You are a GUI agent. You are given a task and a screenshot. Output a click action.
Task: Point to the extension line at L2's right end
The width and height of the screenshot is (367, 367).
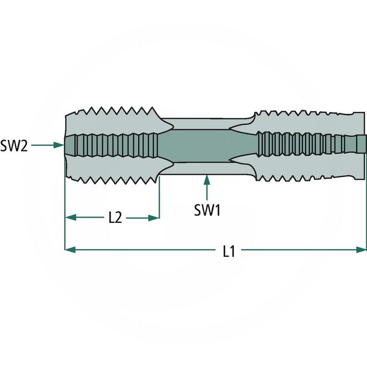[x=159, y=202]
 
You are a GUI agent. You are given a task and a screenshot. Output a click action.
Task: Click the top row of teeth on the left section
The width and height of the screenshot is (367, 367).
[x=115, y=111]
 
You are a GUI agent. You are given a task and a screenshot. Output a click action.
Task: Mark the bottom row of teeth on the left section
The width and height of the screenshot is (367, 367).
[x=115, y=177]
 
